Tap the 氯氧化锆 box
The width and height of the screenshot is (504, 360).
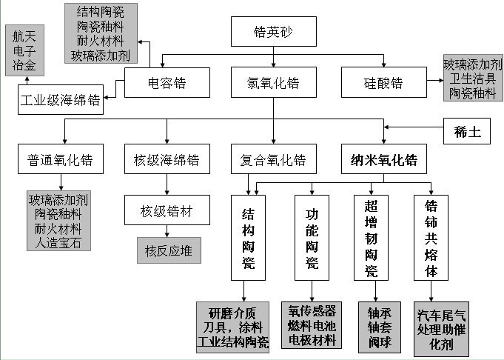(x=274, y=82)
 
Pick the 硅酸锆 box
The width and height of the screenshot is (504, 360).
(x=383, y=82)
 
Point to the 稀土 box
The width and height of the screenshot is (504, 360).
(x=467, y=133)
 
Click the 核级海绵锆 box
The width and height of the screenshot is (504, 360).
(x=167, y=159)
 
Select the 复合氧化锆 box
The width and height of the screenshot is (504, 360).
(x=274, y=159)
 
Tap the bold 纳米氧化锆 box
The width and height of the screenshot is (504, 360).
(x=383, y=159)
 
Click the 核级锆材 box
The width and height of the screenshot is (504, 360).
(x=167, y=211)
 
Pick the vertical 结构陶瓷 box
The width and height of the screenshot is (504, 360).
(x=248, y=237)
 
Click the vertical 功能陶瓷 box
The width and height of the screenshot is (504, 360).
(x=312, y=237)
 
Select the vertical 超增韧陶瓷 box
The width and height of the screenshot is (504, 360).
(x=371, y=237)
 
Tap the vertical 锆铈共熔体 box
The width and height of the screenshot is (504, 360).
(x=431, y=237)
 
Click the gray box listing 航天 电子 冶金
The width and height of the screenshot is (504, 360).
(x=24, y=50)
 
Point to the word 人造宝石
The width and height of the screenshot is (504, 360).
(x=58, y=242)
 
